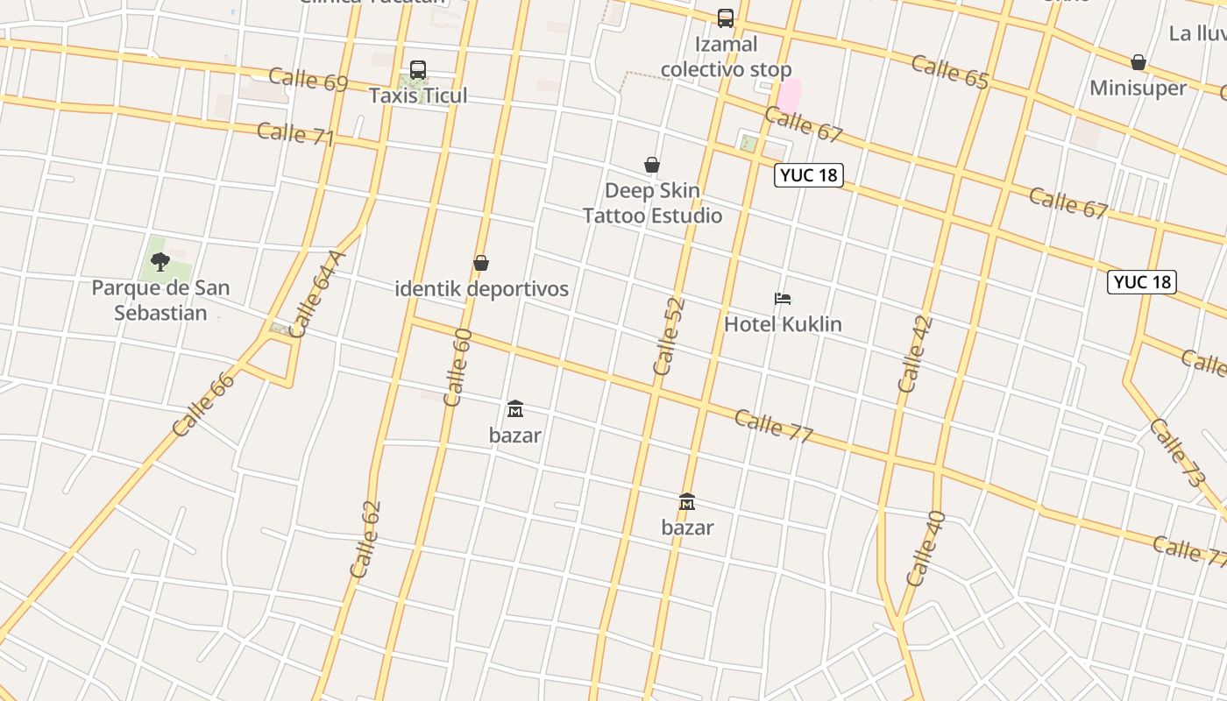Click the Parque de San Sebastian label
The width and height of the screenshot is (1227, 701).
[x=160, y=300]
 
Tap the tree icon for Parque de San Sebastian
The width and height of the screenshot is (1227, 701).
[x=160, y=261]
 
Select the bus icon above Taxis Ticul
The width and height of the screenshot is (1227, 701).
[x=418, y=70]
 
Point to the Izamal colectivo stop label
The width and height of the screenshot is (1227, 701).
[x=726, y=57]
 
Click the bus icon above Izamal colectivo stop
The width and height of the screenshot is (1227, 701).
[x=726, y=18]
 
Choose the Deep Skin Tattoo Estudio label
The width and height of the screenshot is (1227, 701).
[x=653, y=203]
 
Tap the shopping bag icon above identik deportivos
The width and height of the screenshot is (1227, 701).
[x=481, y=263]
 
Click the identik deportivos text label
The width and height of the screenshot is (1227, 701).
[x=481, y=288]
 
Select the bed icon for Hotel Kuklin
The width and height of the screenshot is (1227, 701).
[x=783, y=299]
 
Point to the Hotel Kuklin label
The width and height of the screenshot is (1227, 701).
[x=783, y=324]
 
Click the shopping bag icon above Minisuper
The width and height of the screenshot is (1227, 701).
[x=1138, y=62]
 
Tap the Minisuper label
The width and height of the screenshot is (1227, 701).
[x=1138, y=88]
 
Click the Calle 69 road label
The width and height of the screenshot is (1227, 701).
[x=308, y=79]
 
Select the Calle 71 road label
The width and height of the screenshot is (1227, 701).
[x=295, y=134]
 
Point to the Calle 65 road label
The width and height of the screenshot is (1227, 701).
[x=950, y=71]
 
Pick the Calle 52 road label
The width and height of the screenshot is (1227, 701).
[x=668, y=336]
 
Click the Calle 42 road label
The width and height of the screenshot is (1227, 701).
[x=915, y=353]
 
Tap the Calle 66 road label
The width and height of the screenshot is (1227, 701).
[x=203, y=404]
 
